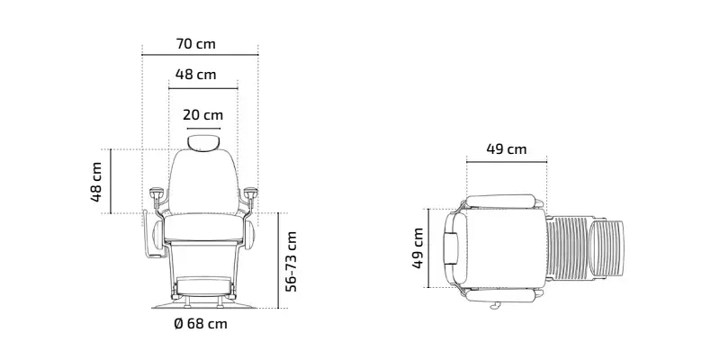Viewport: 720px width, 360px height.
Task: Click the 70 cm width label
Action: [195, 44]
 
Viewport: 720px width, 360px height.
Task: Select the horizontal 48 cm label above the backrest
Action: [195, 75]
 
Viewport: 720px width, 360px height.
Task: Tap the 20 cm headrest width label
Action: [203, 115]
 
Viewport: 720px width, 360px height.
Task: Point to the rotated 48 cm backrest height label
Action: [96, 182]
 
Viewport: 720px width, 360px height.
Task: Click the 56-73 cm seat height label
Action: [291, 261]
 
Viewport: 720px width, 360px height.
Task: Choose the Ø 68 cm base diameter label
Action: [201, 324]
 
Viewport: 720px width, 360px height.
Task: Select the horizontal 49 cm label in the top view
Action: [507, 149]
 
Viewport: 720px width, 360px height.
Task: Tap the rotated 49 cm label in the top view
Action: [418, 248]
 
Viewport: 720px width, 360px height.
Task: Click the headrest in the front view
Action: [203, 142]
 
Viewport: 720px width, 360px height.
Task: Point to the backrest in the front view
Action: [203, 183]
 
